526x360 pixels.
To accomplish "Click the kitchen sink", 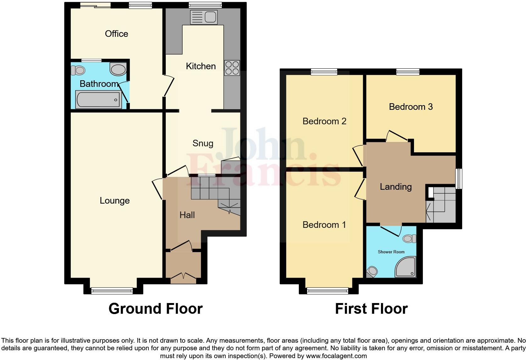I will (204, 17).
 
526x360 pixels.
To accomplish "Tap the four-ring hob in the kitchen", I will (232, 68).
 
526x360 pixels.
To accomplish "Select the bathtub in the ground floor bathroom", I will (98, 99).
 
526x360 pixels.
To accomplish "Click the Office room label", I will (116, 34).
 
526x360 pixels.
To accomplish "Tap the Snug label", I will (203, 143).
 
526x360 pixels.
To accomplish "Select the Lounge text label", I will (115, 200).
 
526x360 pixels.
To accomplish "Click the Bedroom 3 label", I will (411, 107).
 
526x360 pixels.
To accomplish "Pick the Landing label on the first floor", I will (395, 187).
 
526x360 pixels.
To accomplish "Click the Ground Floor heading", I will (155, 308).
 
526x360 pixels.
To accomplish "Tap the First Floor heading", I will (371, 308).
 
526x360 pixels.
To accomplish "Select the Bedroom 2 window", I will (324, 72).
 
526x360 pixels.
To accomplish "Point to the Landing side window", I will (459, 178).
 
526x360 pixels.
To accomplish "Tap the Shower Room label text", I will (391, 252).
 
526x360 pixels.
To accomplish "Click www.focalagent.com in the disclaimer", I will (336, 356).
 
